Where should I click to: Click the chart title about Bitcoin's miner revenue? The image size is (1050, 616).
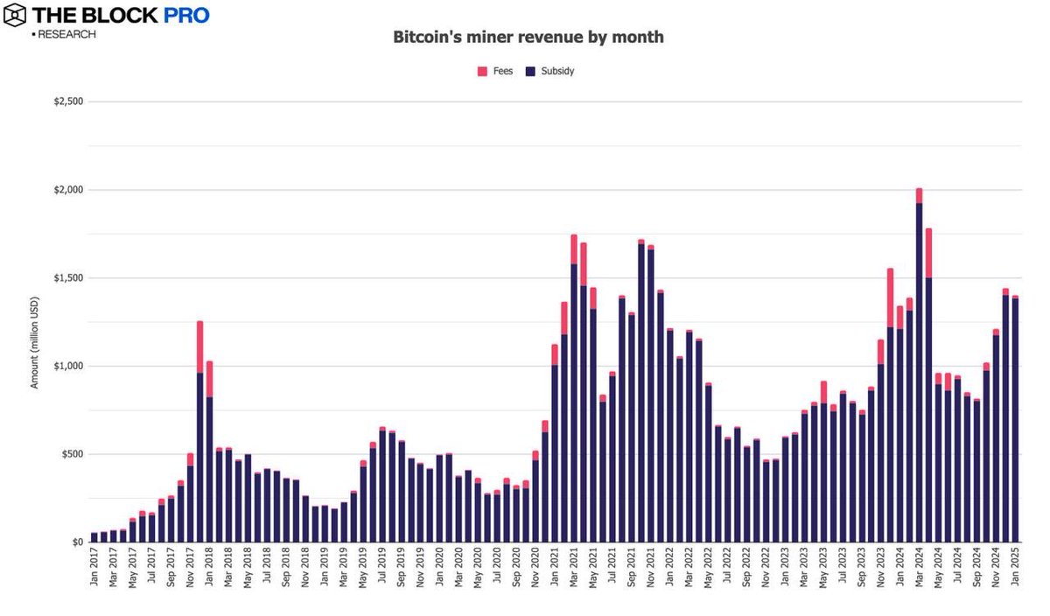click(528, 38)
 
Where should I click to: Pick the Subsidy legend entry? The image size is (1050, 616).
click(549, 71)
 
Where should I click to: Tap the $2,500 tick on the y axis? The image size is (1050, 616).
click(68, 101)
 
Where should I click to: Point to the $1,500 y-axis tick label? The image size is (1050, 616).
click(68, 278)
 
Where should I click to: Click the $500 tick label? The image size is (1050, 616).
click(72, 454)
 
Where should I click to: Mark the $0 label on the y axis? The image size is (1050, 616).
click(77, 542)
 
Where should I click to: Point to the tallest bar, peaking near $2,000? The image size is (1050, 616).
click(919, 367)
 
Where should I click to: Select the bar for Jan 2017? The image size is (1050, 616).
click(94, 537)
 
